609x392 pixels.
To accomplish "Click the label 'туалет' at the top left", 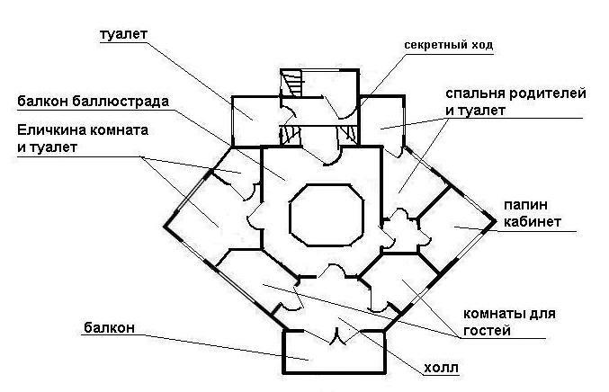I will [124, 35].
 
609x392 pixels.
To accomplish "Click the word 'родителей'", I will [550, 94].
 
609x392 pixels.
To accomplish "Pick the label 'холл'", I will [446, 367].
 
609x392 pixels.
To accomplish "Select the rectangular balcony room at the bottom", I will [335, 353].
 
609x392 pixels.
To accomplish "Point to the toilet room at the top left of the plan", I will [255, 118].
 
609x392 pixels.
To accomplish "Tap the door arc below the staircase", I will [327, 156].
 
